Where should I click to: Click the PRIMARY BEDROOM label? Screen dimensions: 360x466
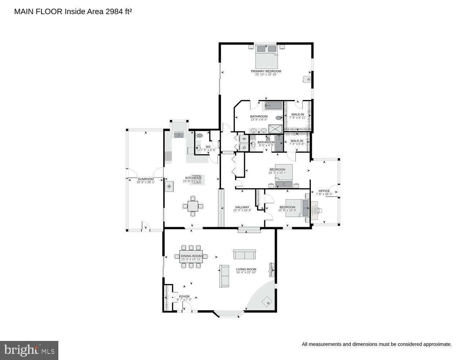coord(266,71)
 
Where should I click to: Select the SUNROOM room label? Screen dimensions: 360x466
coord(145,179)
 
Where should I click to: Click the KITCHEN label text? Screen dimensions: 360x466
coord(192,178)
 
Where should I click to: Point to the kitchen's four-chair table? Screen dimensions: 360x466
coord(193,206)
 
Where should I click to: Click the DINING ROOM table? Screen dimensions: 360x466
coord(191,256)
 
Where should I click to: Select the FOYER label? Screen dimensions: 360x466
coord(184,297)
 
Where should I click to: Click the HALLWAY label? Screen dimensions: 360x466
coord(242,207)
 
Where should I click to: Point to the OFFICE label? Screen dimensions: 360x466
coord(324,191)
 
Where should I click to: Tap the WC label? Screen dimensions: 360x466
coord(208,147)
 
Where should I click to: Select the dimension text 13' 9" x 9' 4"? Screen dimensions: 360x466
coord(259,120)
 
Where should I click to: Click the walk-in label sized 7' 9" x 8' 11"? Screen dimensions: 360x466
coord(297,114)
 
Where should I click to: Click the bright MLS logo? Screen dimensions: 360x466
coord(29,350)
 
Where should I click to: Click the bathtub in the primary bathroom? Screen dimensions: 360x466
coord(274,105)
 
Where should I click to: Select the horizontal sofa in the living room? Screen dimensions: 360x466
coord(245,255)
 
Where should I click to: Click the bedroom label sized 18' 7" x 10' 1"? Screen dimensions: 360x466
coord(277,170)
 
